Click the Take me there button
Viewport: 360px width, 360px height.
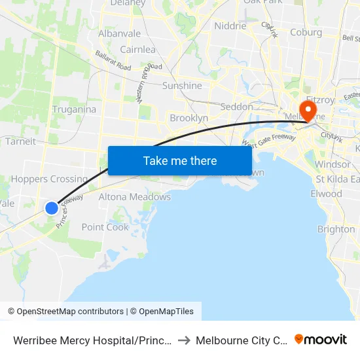coord(180,160)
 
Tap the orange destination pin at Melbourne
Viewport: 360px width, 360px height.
coord(306,109)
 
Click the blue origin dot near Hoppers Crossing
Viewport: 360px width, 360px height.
coord(52,208)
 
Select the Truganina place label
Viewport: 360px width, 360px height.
coord(74,109)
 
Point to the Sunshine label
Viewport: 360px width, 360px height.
coord(182,86)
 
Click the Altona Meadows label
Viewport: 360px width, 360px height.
coord(134,196)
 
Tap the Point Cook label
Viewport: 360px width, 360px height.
coord(105,226)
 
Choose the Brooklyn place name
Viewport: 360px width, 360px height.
coord(189,118)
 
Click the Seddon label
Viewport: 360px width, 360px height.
coord(237,107)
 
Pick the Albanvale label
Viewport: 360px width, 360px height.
coord(119,33)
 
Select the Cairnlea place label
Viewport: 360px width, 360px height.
coord(137,49)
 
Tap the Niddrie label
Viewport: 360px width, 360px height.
coord(230,26)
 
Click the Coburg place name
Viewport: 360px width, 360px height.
coord(306,32)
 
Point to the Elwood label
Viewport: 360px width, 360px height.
coord(326,194)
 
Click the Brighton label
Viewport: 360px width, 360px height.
coord(336,229)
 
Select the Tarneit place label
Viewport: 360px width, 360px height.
coord(20,141)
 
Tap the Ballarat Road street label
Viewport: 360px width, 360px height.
coord(113,62)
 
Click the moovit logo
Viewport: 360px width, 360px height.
coord(321,339)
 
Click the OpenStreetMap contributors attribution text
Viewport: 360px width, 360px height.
coord(65,312)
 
